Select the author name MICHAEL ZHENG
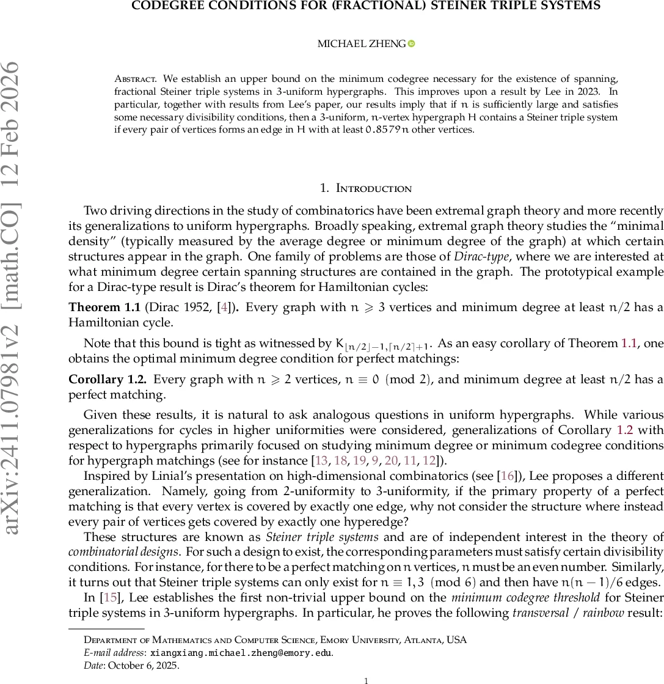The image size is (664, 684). (361, 43)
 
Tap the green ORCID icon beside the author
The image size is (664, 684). (411, 43)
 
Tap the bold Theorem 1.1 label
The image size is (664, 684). (104, 307)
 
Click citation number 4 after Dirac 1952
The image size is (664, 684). (224, 307)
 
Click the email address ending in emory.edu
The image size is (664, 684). (241, 652)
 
